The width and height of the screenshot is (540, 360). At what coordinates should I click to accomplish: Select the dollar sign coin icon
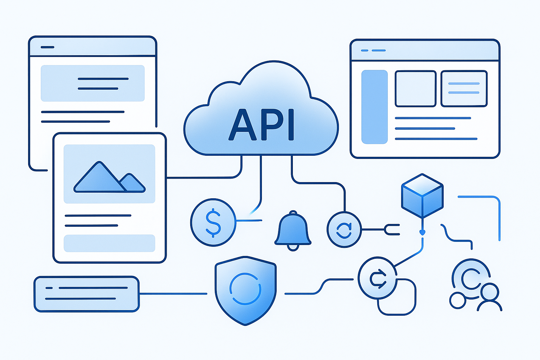(213, 222)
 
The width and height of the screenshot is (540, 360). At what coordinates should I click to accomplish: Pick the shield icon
(245, 289)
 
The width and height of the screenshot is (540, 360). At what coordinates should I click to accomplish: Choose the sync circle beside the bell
(344, 230)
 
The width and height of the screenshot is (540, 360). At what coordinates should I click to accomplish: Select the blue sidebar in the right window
(374, 107)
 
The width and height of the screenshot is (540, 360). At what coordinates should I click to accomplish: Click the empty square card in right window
(416, 89)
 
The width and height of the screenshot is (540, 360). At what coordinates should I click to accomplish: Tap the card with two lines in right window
(464, 89)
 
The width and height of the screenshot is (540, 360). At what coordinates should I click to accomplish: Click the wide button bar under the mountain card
(109, 243)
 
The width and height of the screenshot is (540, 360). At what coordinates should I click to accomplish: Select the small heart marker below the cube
(423, 232)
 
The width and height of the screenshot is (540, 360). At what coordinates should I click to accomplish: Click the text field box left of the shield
(86, 294)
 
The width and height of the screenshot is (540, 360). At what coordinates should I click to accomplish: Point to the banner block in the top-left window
(92, 83)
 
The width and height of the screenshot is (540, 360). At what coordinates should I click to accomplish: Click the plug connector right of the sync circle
(392, 230)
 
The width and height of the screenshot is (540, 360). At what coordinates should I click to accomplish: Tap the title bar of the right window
(425, 50)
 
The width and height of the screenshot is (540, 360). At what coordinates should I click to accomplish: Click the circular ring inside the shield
(245, 289)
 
